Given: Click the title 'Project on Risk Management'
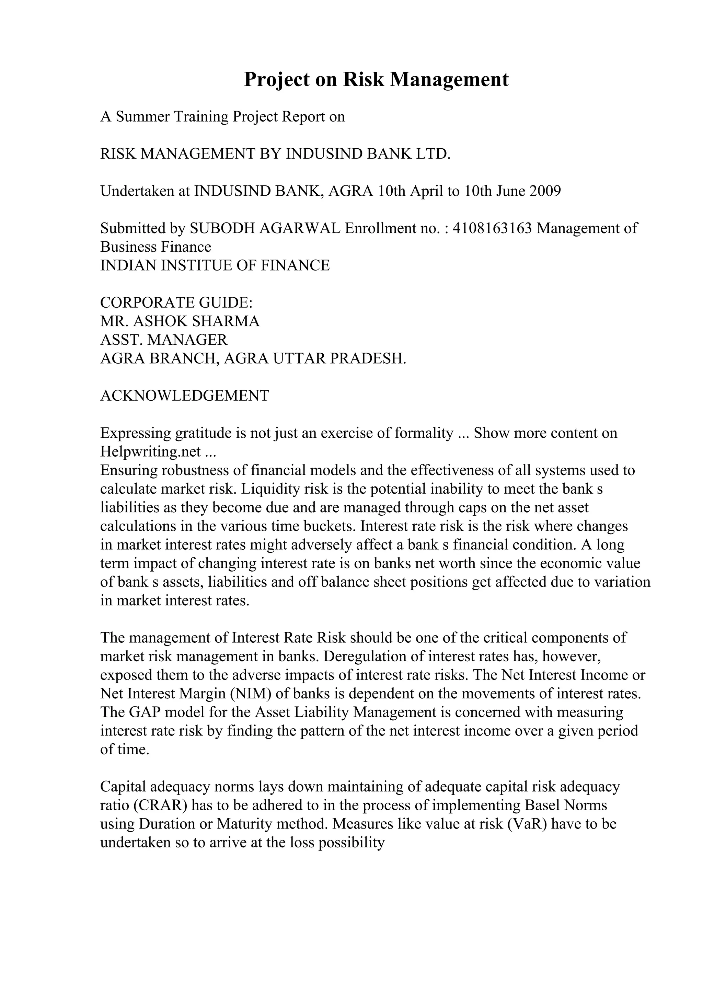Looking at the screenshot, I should click(376, 80).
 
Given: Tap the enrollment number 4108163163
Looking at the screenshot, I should click(492, 228).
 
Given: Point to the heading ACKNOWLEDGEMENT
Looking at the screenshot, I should click(185, 396).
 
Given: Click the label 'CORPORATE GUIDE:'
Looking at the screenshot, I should click(176, 302).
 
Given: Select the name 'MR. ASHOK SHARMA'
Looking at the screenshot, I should click(180, 321).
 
